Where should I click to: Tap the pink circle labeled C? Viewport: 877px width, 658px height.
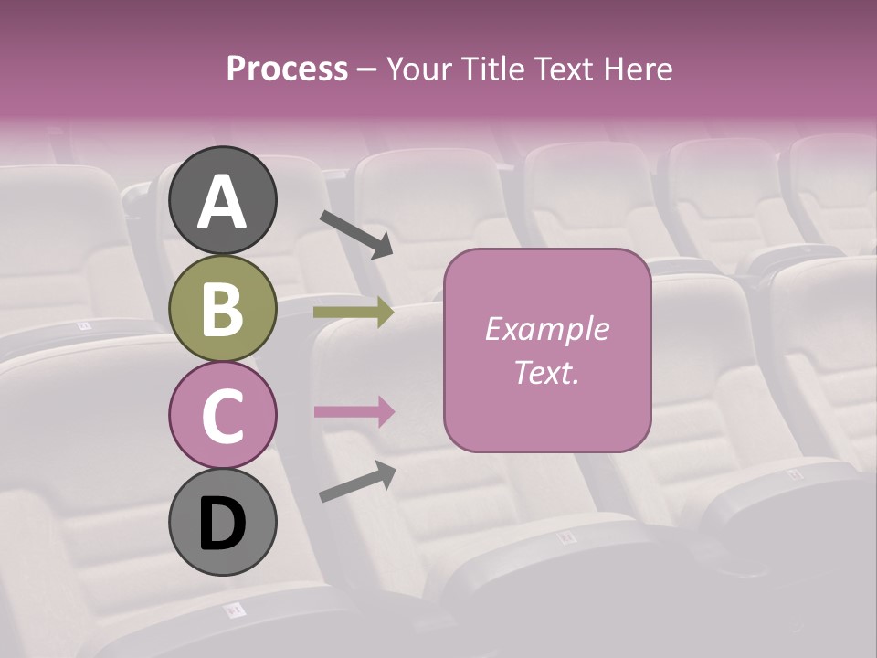point(223,416)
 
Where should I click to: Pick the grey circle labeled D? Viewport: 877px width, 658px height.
point(223,523)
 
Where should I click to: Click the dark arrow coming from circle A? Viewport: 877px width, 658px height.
point(356,234)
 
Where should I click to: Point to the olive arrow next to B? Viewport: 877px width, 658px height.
point(354,313)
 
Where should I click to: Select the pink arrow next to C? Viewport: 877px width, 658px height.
point(354,411)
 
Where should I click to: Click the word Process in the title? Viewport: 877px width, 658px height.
point(287,69)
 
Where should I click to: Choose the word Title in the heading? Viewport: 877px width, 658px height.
point(491,69)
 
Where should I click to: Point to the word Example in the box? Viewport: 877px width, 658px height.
point(547,329)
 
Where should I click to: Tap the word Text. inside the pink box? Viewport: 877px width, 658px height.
point(547,373)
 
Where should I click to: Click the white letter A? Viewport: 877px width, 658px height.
point(223,203)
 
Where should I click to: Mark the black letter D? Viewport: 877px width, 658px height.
point(223,525)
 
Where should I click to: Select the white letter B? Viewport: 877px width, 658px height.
point(223,311)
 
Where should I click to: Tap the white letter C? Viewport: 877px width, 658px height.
point(223,417)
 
